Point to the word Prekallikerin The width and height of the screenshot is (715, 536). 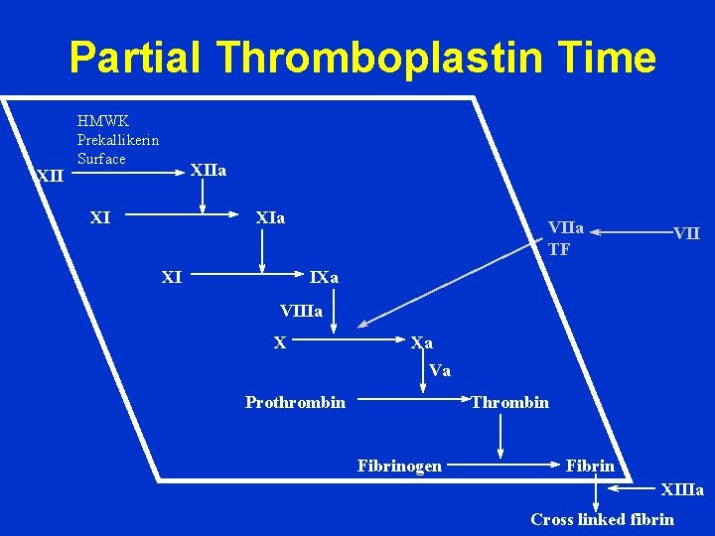point(118,140)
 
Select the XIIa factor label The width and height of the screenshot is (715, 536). point(208,171)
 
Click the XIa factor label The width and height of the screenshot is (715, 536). point(270,217)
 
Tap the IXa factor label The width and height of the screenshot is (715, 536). point(324,278)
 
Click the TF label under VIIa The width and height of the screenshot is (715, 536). point(559,250)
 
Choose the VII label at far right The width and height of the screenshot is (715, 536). point(686,234)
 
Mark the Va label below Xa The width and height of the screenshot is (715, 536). point(440,371)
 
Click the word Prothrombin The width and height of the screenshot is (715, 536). point(295,402)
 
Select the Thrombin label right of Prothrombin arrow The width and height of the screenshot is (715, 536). point(509,402)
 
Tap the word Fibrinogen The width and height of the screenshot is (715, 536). point(399,466)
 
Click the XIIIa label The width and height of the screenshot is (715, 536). point(682,490)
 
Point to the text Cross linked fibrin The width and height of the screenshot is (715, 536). point(602,519)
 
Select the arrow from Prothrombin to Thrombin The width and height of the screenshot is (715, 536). point(412,402)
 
